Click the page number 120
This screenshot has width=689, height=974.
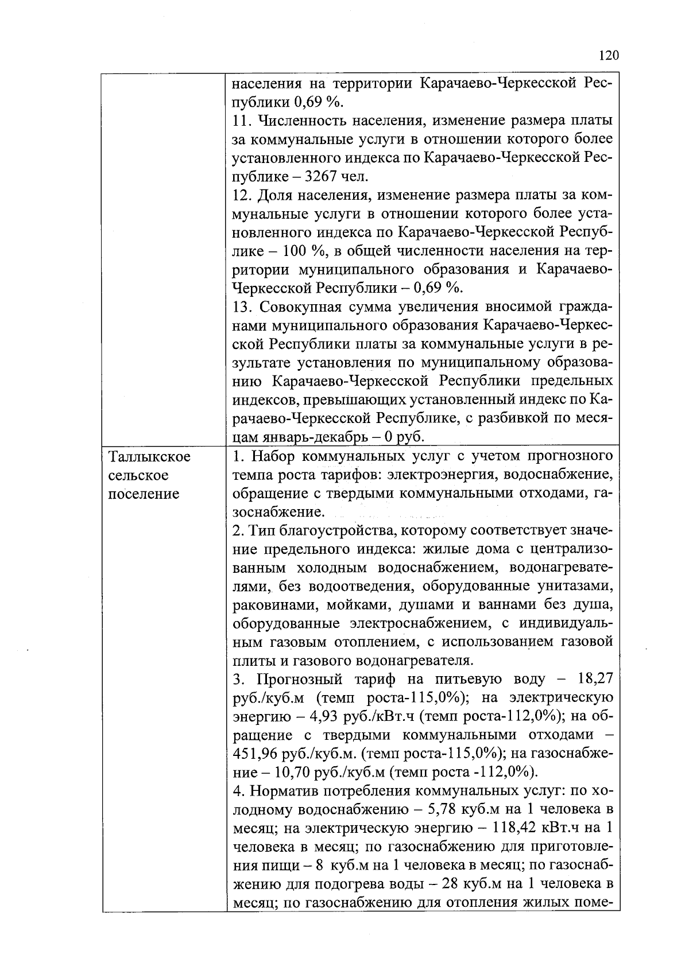coord(608,56)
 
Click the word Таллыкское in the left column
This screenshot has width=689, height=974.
coord(149,457)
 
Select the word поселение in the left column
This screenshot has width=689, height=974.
coord(144,494)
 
